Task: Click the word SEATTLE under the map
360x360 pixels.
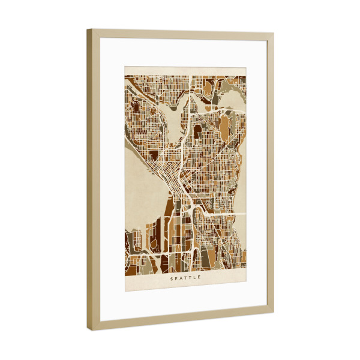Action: [186, 278]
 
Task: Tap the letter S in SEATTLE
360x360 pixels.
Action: [172, 278]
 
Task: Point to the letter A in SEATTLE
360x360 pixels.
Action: [181, 278]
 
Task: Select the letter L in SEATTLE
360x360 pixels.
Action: [196, 278]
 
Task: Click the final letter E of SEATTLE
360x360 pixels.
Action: [200, 278]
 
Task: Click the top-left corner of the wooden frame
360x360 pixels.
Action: [87, 29]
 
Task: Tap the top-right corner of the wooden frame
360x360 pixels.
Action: [274, 34]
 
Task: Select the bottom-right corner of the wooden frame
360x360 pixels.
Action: [274, 313]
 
